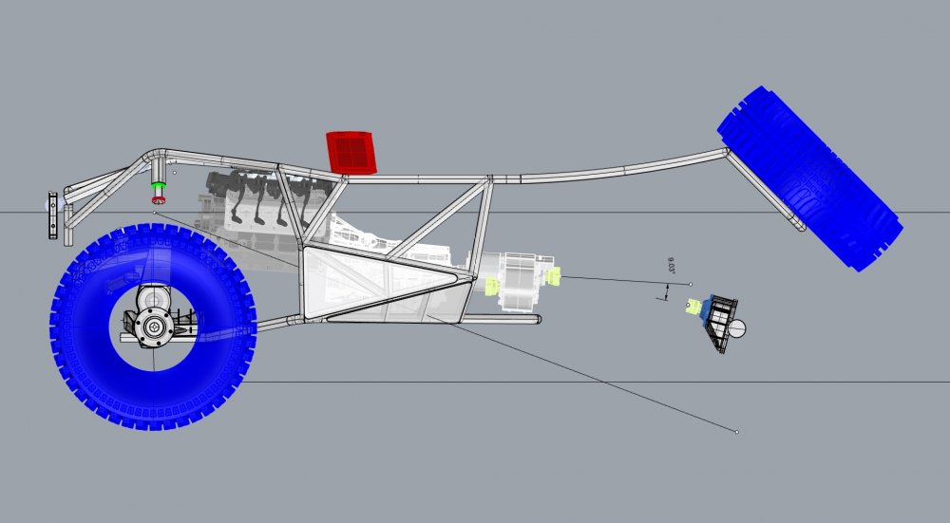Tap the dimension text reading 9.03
pos(672,270)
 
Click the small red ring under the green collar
pos(159,199)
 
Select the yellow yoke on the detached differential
pos(694,306)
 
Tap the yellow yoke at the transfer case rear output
pos(552,276)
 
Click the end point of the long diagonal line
pos(738,432)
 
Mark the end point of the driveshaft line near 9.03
pos(691,284)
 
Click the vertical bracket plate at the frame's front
pos(51,215)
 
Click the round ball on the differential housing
pos(737,329)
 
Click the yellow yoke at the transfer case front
pos(492,286)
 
